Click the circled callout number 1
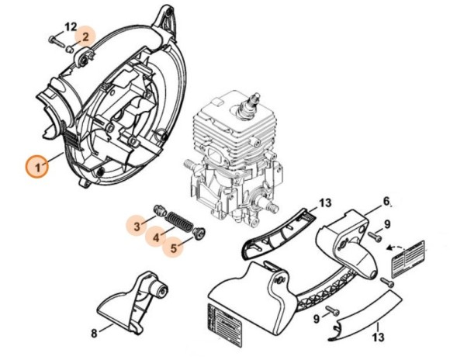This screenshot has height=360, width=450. tap(37, 167)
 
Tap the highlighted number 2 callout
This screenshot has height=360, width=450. tap(85, 36)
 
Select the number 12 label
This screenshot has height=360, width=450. tap(71, 28)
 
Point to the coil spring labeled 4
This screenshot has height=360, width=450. tap(179, 221)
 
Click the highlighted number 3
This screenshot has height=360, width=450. tap(137, 226)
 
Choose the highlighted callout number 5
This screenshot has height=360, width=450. tap(173, 247)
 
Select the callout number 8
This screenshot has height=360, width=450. tap(94, 334)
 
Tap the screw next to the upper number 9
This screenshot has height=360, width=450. tap(375, 237)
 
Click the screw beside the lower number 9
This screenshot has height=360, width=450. tap(333, 310)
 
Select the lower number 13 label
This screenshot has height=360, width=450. tap(378, 337)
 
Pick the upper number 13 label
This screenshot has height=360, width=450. tap(324, 203)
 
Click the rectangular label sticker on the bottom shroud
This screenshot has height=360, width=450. tap(225, 318)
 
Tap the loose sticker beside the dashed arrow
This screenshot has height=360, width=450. tap(409, 260)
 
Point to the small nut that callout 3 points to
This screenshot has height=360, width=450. tap(160, 210)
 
